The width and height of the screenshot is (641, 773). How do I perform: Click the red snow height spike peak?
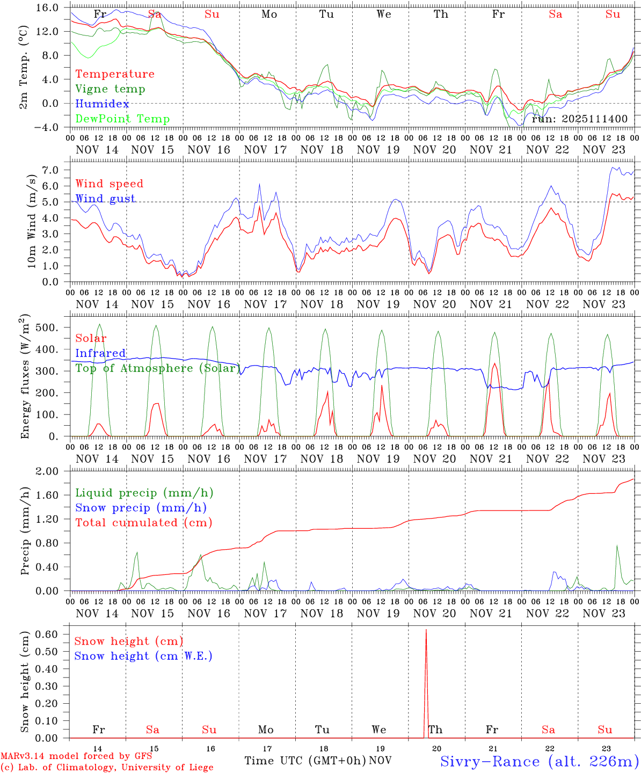point(426,630)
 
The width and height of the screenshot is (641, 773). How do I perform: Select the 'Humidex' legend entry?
point(102,104)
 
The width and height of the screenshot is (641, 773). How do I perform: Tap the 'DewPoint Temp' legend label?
point(122,119)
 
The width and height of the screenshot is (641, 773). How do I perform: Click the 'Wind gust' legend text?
point(105,199)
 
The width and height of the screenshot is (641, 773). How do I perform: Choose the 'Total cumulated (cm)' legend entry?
point(144,523)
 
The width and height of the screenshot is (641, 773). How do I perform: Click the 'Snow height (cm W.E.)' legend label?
point(143,656)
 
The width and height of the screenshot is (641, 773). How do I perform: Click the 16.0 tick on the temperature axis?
point(48,8)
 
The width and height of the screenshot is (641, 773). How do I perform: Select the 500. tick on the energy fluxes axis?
point(47,327)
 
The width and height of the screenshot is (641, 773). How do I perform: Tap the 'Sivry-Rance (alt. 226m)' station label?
point(539,761)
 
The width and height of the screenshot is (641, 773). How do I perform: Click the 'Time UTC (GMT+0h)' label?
point(305,761)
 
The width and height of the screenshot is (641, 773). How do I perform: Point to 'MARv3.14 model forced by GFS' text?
point(76,756)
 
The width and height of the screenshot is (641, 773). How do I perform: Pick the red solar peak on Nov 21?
point(494,363)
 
